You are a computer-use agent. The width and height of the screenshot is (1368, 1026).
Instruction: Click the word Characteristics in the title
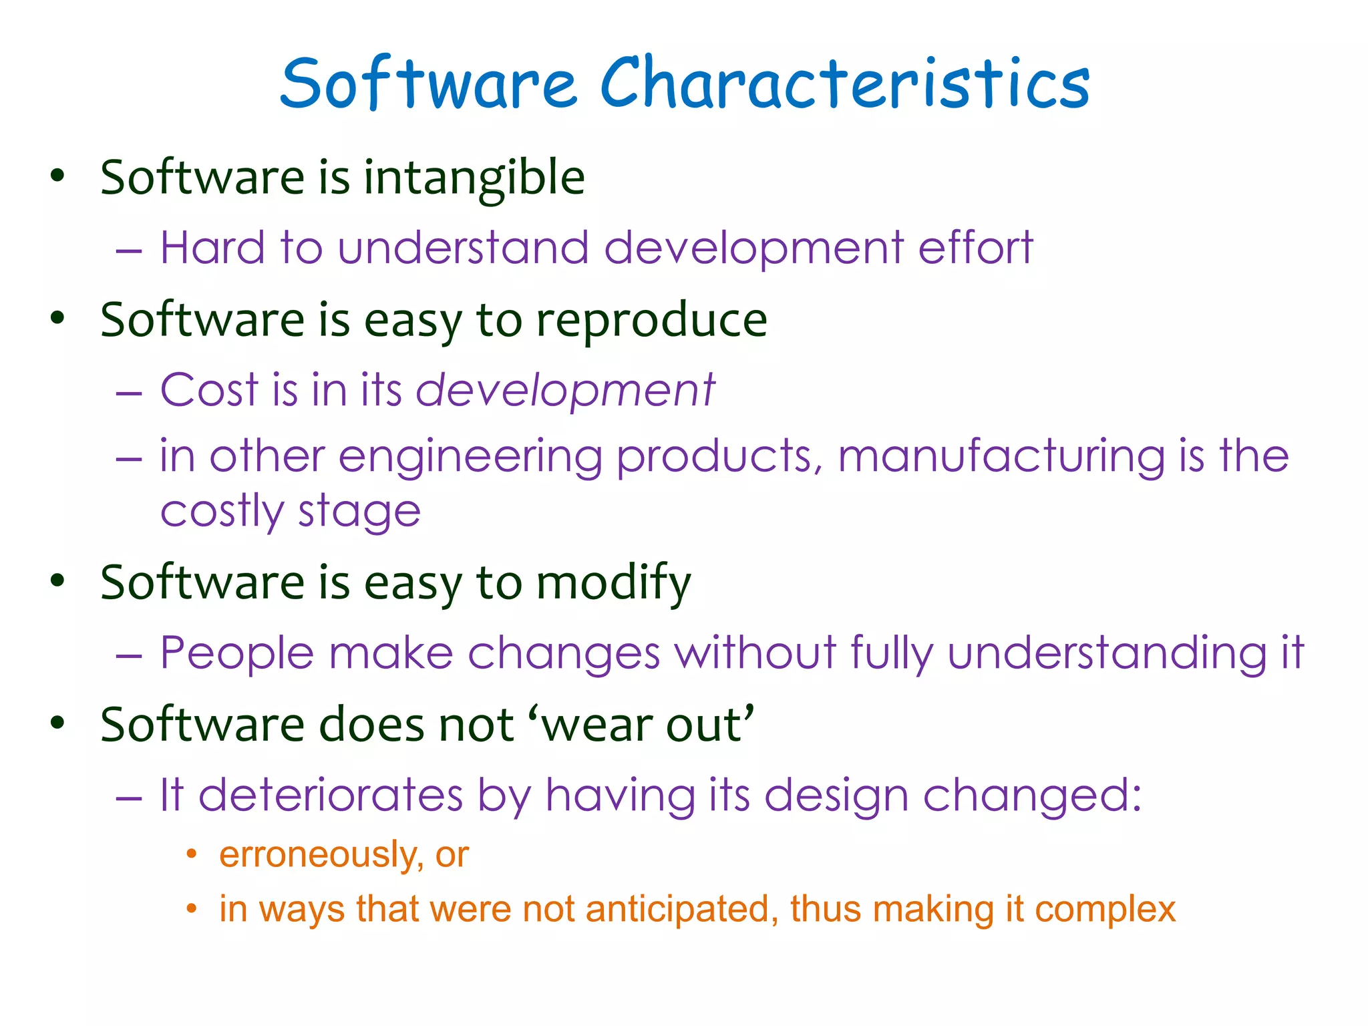(845, 83)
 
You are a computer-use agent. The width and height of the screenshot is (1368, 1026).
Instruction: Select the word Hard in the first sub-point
(212, 248)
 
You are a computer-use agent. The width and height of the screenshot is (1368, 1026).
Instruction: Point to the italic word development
(565, 390)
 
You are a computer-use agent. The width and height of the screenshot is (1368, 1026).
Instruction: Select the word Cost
(208, 390)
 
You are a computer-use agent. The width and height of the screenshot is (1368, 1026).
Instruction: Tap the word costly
(222, 513)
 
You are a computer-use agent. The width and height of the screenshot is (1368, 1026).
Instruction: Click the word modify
(613, 583)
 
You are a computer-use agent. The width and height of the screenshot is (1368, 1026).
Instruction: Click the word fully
(891, 653)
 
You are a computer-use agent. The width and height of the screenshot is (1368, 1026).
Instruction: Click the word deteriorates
(331, 796)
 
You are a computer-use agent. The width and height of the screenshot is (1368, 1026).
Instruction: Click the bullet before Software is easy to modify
(58, 580)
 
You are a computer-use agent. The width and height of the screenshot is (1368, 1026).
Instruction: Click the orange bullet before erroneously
(192, 854)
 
